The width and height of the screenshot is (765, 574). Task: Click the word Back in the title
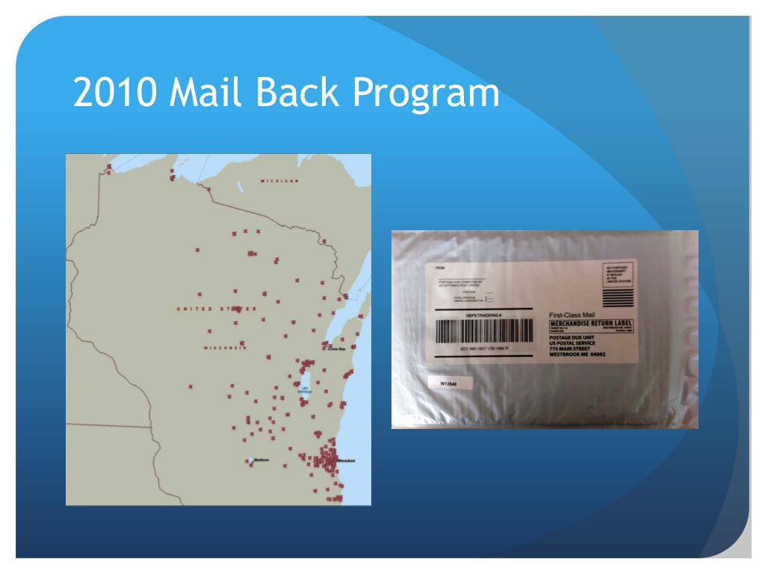tap(295, 93)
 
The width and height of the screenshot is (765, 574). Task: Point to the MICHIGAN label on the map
tap(279, 182)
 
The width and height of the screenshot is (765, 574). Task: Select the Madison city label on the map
tap(260, 460)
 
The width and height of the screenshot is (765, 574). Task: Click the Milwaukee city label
tap(345, 460)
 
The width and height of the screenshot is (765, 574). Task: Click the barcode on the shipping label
tap(485, 331)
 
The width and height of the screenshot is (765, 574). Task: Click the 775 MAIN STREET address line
tap(572, 349)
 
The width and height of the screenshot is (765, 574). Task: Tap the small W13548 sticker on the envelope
tap(449, 383)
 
